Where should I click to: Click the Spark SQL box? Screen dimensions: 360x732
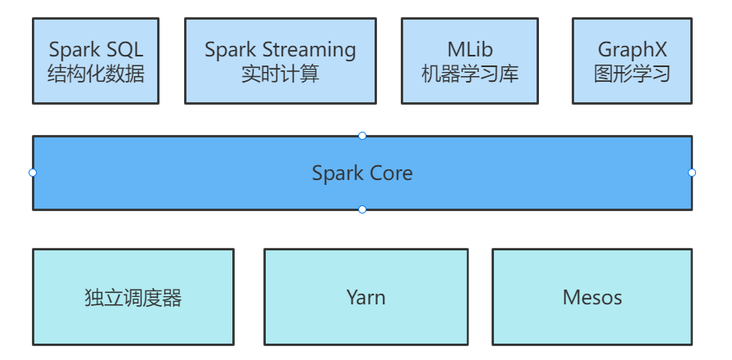click(96, 61)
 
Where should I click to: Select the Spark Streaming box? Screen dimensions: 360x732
click(280, 61)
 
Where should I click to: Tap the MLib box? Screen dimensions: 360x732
click(469, 61)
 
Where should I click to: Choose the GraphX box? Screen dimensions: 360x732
click(631, 61)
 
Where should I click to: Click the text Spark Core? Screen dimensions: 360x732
click(362, 173)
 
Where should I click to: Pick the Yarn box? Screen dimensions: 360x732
click(366, 296)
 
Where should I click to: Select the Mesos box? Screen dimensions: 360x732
click(592, 296)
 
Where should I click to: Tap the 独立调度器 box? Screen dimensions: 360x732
click(132, 296)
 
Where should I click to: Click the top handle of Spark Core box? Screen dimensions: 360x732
click(362, 136)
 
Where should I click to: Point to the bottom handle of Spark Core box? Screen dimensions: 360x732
click(362, 209)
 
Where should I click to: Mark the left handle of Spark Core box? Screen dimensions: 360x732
click(33, 173)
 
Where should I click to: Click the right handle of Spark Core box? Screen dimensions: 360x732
click(692, 173)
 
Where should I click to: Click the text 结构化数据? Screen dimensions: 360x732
click(96, 74)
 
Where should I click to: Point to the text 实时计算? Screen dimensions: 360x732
click(280, 74)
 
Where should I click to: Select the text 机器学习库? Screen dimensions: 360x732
click(469, 74)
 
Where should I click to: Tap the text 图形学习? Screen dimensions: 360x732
click(631, 74)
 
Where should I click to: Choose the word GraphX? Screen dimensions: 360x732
click(631, 51)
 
